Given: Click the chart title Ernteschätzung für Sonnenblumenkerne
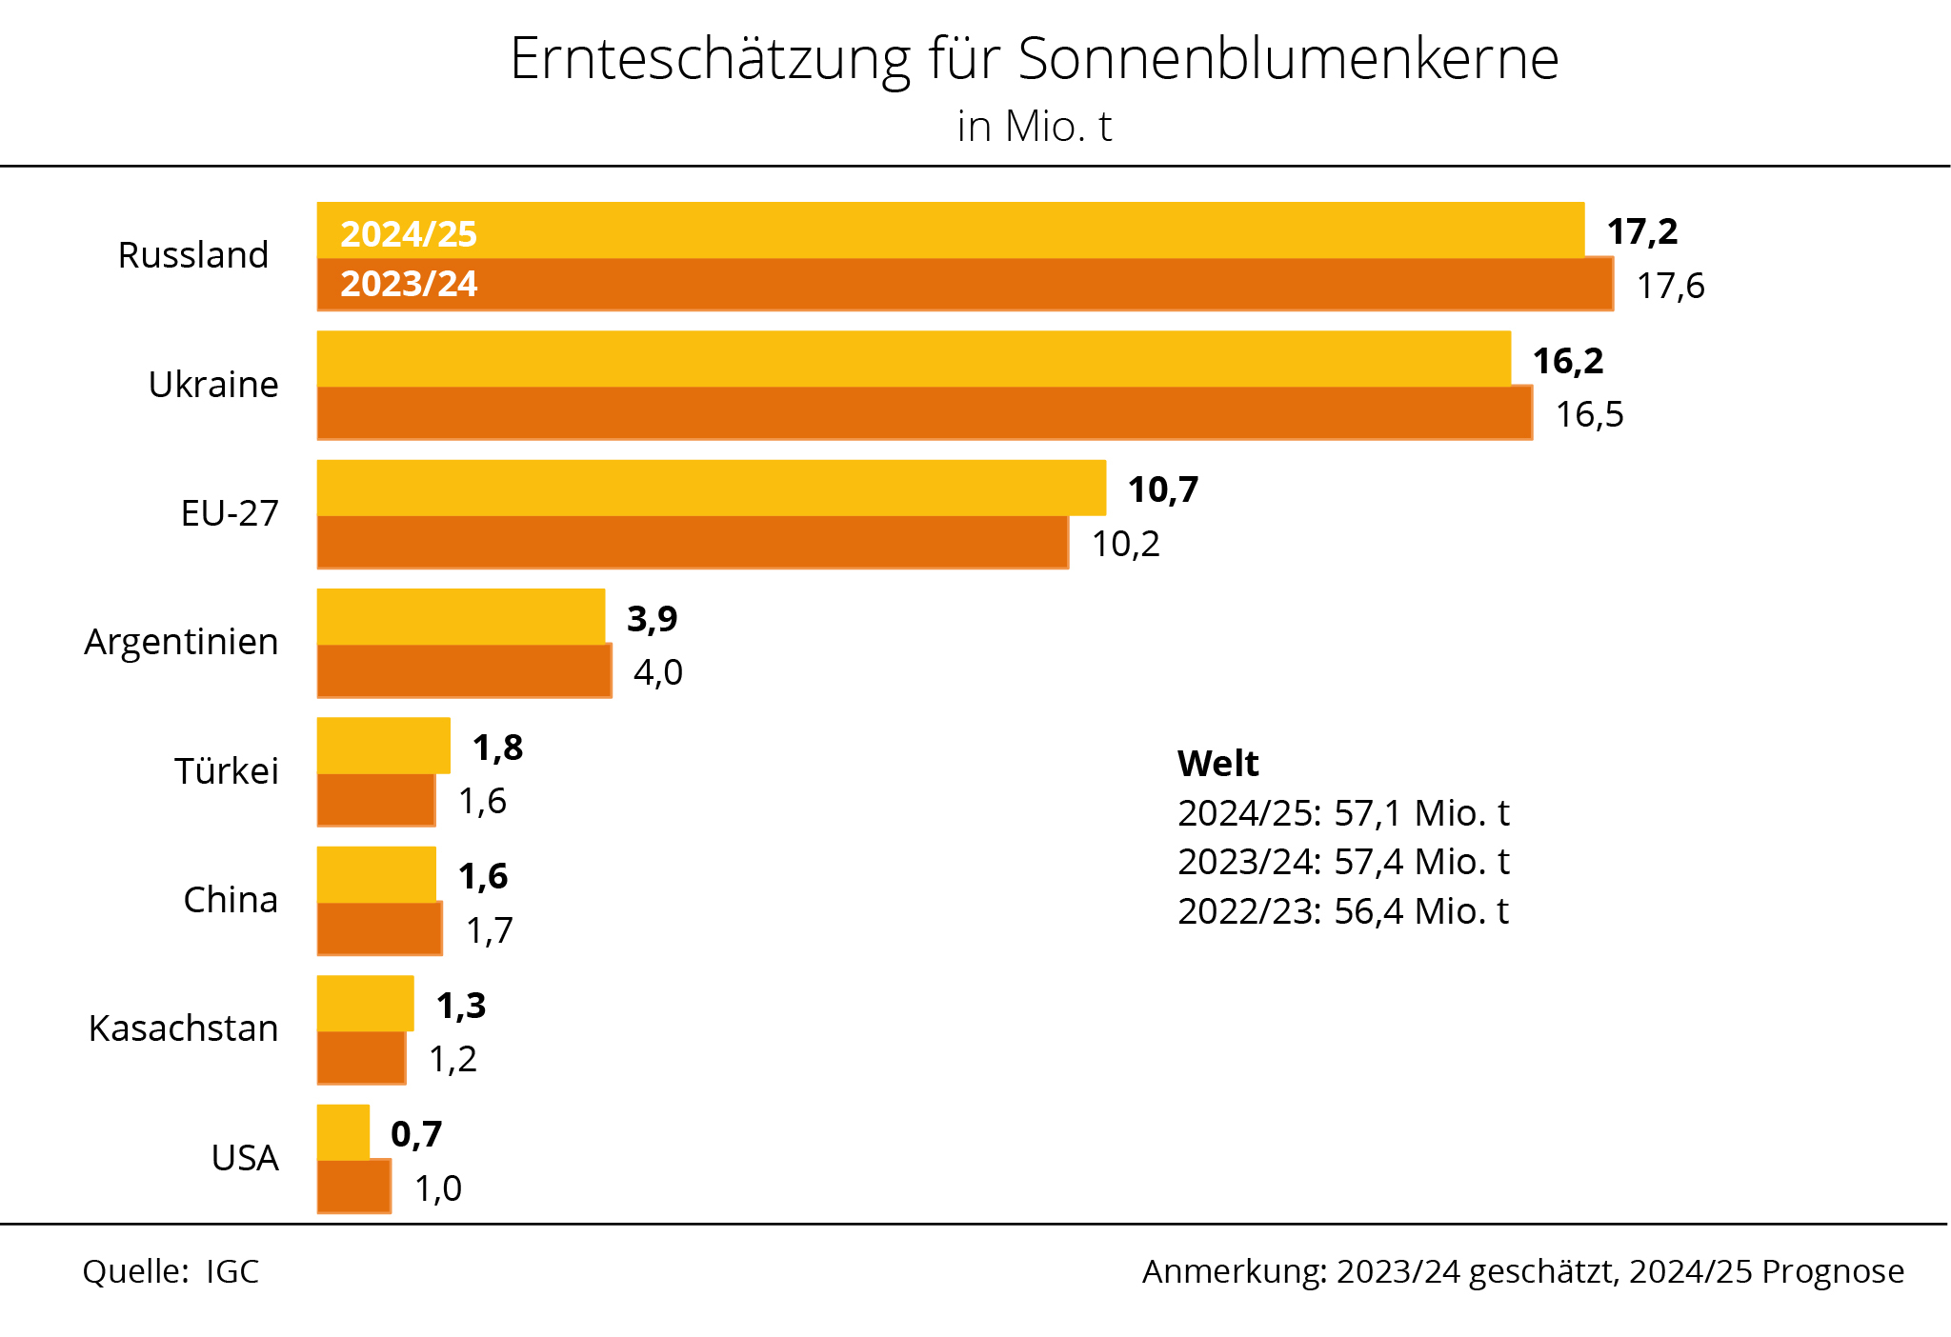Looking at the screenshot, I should [1034, 59].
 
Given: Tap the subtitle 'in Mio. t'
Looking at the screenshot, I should [1034, 127].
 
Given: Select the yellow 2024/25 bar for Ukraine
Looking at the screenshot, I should [913, 359].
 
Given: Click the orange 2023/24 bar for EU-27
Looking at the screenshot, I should [693, 543].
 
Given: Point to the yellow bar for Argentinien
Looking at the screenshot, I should [460, 617].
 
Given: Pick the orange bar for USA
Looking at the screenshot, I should [353, 1187].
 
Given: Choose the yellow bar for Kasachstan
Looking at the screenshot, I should [365, 1004].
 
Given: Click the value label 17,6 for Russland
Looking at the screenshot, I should [1670, 286].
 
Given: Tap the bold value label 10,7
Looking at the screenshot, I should [1162, 489].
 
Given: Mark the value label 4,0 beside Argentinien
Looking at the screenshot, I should [657, 672].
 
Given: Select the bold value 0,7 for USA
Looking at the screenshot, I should [416, 1134].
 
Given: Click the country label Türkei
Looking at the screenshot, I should [226, 771].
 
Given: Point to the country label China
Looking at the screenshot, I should [230, 900].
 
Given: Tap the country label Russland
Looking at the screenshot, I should [192, 255].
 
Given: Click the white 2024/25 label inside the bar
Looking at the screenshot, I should [408, 234].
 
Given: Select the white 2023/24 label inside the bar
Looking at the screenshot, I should [408, 284].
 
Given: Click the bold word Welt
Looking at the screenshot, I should [1217, 764].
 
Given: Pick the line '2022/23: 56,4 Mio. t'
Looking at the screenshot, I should [1342, 911].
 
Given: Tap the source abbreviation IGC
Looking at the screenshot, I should [232, 1272].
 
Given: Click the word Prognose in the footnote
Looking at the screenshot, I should [1833, 1272].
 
